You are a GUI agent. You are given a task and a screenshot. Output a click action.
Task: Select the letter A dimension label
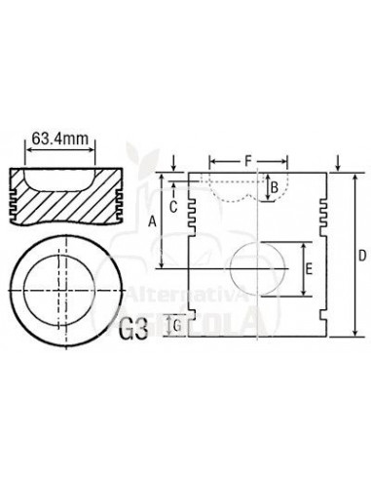[x=152, y=222]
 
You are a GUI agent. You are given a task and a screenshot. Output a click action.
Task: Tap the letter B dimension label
[x=276, y=185]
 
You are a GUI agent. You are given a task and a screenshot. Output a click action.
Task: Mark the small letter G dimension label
[x=176, y=324]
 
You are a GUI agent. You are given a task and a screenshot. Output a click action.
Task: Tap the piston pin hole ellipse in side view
[x=259, y=270]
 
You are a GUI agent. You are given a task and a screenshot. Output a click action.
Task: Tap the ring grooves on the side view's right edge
[x=323, y=206]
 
